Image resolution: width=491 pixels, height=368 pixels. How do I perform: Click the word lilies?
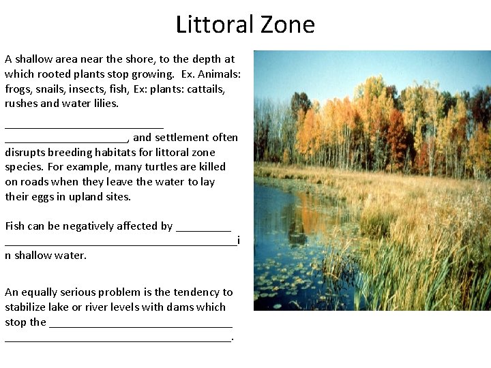point(104,104)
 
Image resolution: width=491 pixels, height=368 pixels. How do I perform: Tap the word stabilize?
point(27,307)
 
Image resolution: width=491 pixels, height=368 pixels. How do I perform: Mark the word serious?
point(87,292)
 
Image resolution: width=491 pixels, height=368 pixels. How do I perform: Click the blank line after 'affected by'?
point(203,230)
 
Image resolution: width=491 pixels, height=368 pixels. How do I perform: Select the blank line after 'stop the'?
point(141,326)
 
